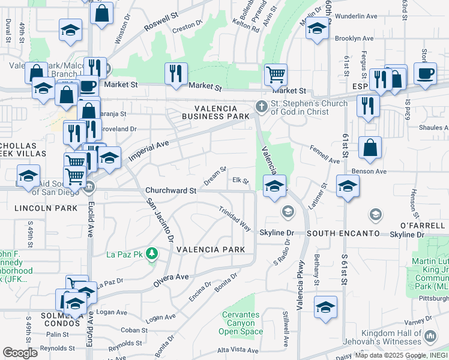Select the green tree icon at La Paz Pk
152,254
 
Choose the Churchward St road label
171,190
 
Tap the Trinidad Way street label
235,220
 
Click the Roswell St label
161,23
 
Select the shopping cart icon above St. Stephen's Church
276,74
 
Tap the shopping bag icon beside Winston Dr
102,13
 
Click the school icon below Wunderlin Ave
316,29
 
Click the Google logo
20,353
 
